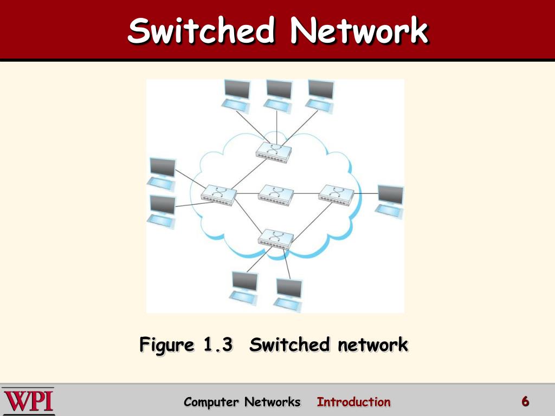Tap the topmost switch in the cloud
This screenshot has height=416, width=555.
274,150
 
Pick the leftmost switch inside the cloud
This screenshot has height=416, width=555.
218,194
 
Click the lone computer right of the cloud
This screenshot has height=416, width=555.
390,201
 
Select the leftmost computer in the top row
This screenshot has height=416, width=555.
237,95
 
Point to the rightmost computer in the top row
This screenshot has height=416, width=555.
320,95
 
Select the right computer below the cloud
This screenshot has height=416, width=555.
288,294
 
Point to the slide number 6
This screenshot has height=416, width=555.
525,401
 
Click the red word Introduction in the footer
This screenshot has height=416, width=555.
353,402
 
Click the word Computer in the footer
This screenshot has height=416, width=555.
211,402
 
